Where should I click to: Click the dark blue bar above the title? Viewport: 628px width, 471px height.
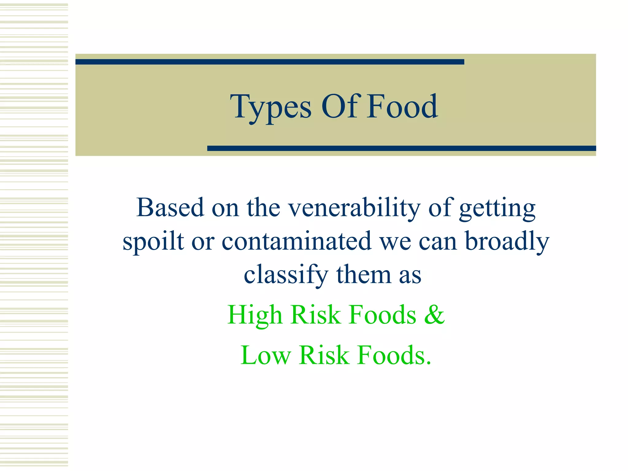point(270,62)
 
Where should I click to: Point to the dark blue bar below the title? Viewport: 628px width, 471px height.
point(401,148)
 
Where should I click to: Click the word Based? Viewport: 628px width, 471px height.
point(170,208)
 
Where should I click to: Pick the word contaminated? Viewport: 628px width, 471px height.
point(297,241)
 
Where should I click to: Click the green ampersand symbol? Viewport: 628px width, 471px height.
point(435,315)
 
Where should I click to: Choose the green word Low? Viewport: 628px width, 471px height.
point(266,355)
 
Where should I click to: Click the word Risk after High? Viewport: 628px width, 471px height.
point(316,315)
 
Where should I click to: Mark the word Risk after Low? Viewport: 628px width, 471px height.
point(324,355)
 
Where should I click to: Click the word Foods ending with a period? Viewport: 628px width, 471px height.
point(394,355)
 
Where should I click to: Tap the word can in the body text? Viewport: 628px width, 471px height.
point(438,242)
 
